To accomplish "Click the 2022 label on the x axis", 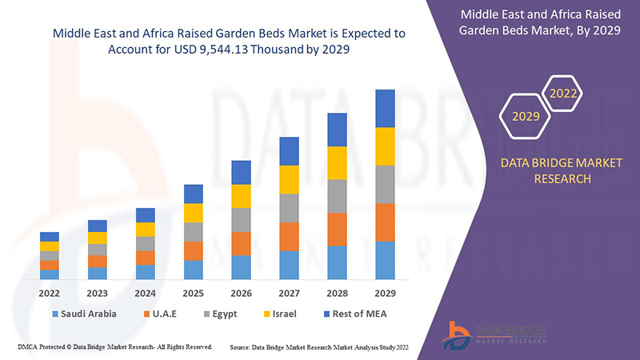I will tap(49, 293).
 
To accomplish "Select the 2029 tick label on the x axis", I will tap(385, 293).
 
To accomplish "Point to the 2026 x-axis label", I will tap(241, 293).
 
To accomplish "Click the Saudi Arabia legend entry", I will tap(84, 314).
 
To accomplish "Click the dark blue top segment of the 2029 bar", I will tap(385, 108).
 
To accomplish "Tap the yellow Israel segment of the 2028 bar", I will tap(337, 162).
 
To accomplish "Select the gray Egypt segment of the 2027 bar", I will tap(289, 208).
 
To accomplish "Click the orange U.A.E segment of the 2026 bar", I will tap(241, 243).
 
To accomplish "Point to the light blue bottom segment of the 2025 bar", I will tap(193, 270).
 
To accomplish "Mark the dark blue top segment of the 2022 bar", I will tap(49, 236).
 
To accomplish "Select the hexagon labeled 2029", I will tap(526, 117).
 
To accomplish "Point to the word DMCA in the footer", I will tap(29, 347).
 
